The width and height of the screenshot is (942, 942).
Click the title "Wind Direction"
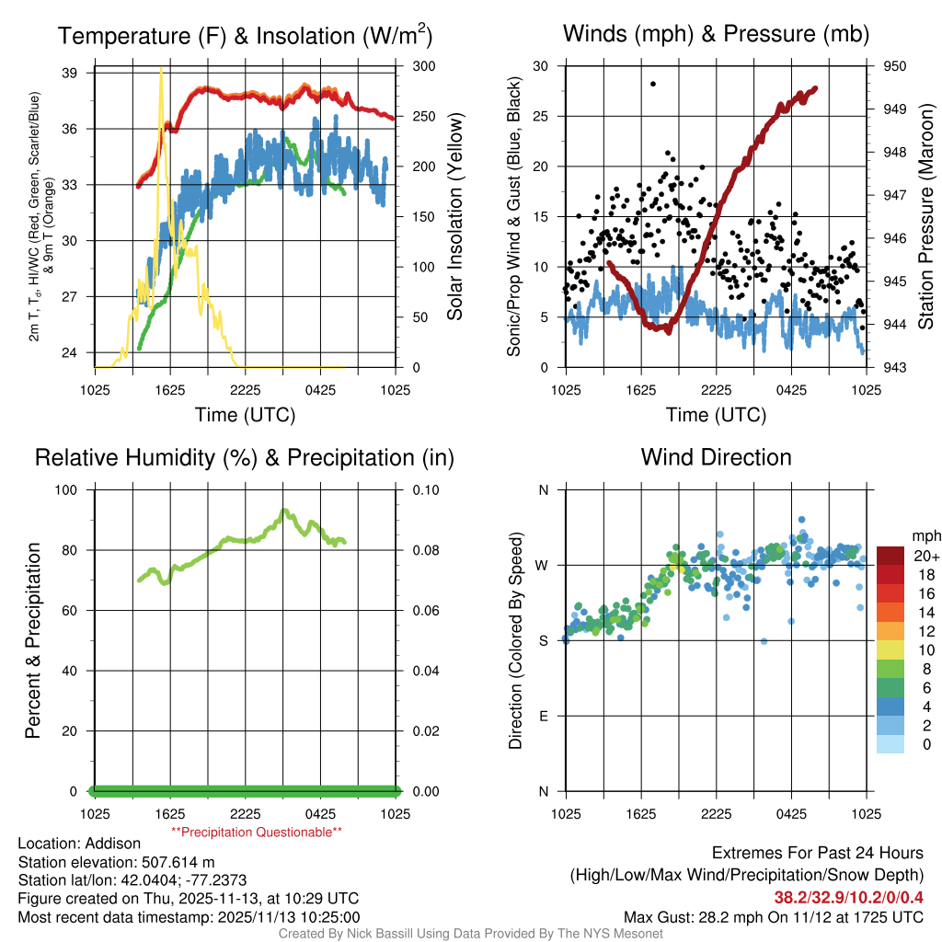click(716, 457)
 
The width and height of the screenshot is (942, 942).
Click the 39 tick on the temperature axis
click(77, 73)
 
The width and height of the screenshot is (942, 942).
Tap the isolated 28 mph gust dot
click(653, 84)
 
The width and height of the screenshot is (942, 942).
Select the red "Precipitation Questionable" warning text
click(257, 832)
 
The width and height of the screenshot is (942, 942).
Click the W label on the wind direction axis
click(544, 565)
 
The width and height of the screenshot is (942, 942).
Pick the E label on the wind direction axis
click(545, 716)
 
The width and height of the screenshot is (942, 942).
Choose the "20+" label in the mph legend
click(925, 556)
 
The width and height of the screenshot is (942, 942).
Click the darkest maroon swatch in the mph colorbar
click(891, 556)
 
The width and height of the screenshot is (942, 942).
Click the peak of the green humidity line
click(284, 511)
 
